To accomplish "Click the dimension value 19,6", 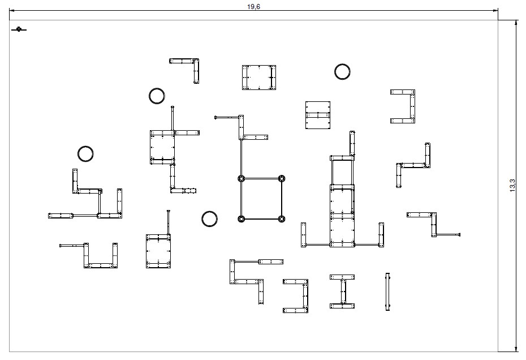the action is (253, 7).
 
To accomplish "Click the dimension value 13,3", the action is (512, 185).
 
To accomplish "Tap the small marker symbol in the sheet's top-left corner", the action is (19, 29).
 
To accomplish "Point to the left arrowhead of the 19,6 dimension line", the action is (12, 10).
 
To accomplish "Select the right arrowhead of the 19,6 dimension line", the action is (495, 10).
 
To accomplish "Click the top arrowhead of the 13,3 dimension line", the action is (516, 23).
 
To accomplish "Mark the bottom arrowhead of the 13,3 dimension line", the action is (516, 349).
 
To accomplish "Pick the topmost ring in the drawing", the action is (342, 71).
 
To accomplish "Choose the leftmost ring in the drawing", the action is (85, 154).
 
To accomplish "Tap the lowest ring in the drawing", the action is (209, 219).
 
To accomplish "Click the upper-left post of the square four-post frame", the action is (241, 178).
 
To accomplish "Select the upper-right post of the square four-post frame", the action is (282, 178).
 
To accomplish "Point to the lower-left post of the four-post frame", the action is (241, 219).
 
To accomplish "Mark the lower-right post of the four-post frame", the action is (282, 219).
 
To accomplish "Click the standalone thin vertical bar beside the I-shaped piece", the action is (387, 292).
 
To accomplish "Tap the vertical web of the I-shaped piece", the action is (343, 292).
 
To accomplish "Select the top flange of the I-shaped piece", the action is (342, 277).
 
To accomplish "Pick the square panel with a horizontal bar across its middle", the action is (318, 115).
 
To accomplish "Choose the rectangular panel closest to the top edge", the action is (259, 78).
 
